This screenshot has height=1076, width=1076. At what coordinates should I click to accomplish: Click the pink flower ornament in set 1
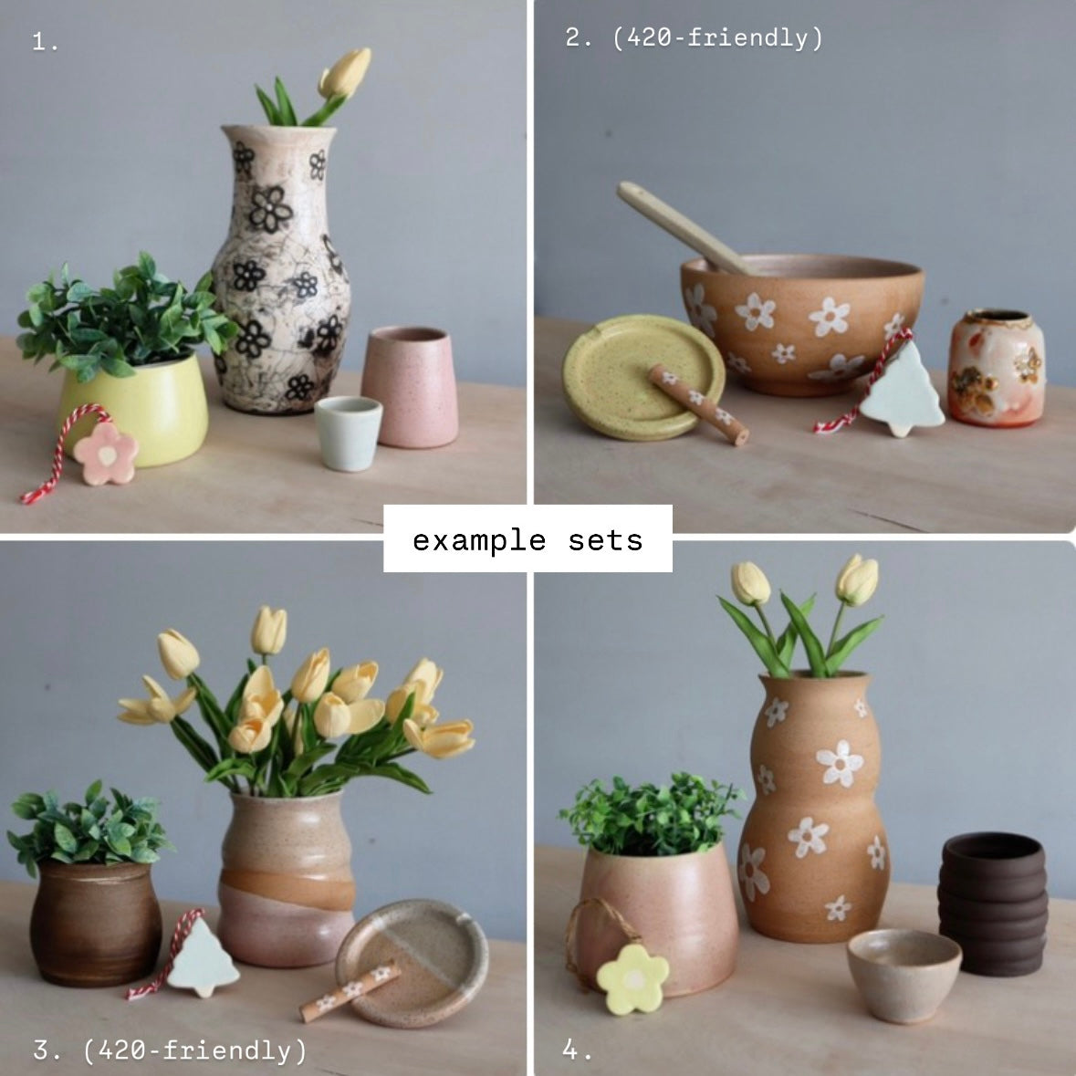tap(106, 454)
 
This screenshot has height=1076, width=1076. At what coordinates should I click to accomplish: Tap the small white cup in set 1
tap(348, 434)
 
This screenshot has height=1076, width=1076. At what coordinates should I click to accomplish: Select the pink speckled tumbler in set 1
tap(410, 387)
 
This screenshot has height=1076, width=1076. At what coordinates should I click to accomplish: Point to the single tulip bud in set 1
tap(344, 73)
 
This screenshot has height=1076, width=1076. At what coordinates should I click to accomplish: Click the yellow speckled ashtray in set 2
tap(643, 377)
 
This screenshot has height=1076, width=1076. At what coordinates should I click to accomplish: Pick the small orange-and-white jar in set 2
tap(996, 367)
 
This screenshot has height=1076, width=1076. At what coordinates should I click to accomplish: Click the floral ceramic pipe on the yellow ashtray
tap(698, 404)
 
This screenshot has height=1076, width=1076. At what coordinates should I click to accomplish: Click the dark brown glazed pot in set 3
tap(96, 924)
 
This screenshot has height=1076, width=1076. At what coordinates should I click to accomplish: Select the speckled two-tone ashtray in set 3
tap(412, 962)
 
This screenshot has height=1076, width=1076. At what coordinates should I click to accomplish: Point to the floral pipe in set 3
tap(350, 992)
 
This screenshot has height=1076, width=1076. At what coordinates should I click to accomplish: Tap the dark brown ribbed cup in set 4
tap(992, 904)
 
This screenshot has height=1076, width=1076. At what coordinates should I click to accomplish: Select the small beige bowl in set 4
tap(904, 975)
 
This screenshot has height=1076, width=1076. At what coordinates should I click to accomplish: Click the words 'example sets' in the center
tap(527, 540)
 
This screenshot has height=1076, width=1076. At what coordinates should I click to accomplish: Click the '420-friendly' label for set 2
tap(718, 37)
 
